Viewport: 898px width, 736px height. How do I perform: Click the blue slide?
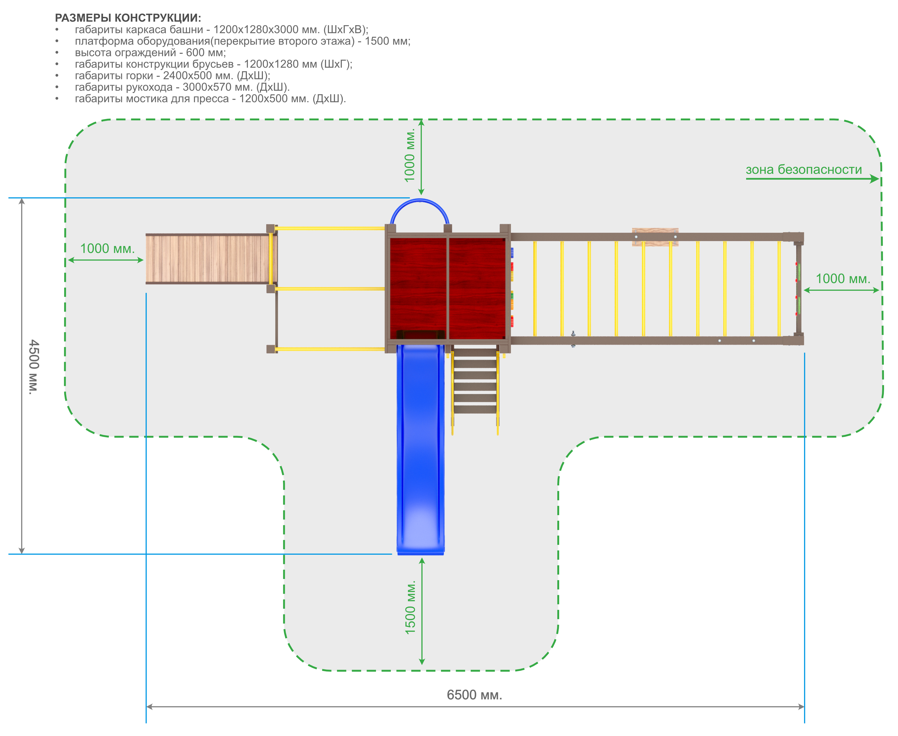point(420,449)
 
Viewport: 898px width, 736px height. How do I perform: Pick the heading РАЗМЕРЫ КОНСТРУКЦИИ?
point(128,18)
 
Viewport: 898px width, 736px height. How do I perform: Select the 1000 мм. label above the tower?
point(410,155)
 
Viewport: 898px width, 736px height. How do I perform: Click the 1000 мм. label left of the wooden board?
point(107,248)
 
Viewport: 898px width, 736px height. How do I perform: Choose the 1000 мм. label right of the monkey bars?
point(843,279)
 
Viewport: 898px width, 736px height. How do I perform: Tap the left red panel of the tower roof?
point(418,288)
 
